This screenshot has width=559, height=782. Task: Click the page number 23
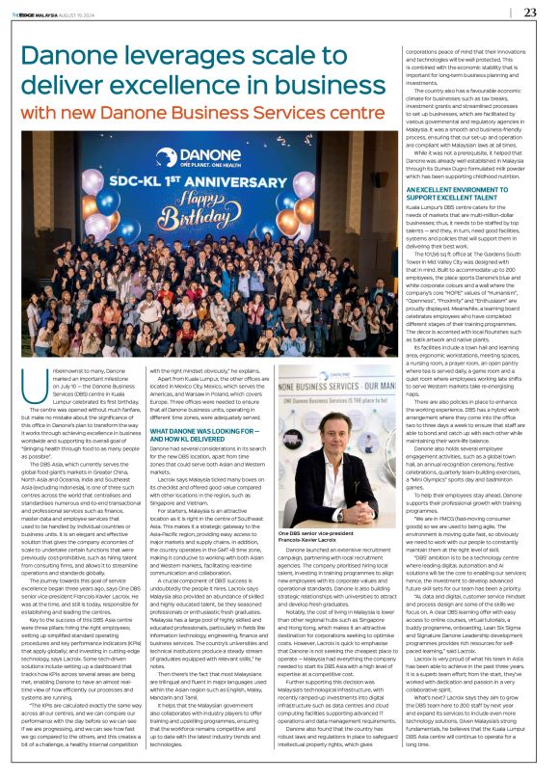pos(530,13)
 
